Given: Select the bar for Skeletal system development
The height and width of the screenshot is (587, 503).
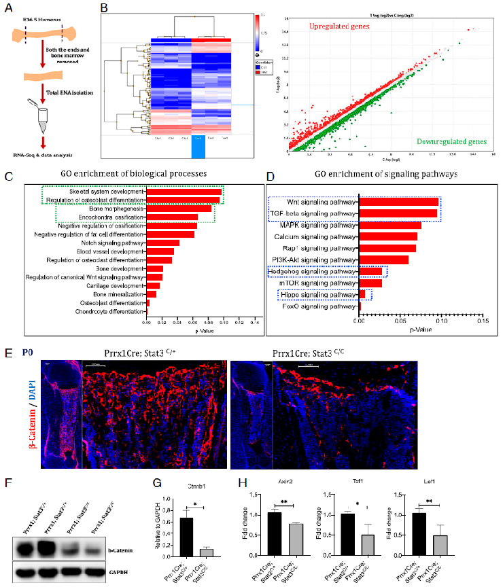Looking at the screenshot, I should [x=184, y=192].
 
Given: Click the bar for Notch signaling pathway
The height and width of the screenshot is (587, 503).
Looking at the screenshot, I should [x=163, y=243].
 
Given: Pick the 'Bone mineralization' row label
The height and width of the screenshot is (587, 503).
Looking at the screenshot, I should [x=116, y=294].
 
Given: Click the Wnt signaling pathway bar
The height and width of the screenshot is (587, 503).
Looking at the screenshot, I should [x=398, y=202].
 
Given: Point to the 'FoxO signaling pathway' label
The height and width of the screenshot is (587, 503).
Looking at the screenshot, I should [x=317, y=306].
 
